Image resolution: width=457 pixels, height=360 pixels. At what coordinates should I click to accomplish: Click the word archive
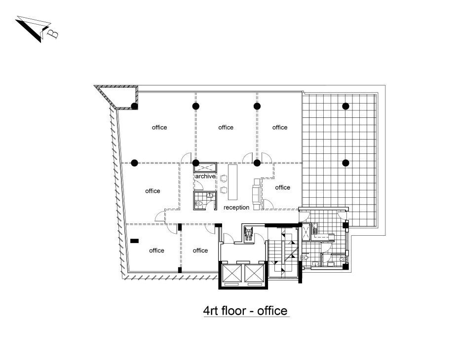click(205, 176)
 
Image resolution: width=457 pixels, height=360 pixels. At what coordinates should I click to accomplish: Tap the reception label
click(236, 208)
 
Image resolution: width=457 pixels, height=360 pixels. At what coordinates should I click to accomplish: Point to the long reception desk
click(232, 182)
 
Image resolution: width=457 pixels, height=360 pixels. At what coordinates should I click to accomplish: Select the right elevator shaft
click(254, 273)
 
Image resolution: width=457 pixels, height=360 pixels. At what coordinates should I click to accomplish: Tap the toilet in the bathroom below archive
click(199, 204)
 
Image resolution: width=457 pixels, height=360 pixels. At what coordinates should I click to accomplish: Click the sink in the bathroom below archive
click(210, 195)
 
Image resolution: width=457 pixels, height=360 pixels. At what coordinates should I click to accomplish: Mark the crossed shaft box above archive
click(205, 168)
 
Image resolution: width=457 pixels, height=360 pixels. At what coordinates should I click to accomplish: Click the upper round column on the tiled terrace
click(345, 107)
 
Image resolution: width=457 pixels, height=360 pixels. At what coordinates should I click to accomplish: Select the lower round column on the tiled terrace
click(345, 163)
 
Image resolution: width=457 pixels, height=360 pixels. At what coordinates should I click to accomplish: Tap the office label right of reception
click(282, 187)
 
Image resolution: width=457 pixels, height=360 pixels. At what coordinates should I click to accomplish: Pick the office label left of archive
click(152, 191)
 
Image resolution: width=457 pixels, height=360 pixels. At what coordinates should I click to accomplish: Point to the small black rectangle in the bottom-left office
click(134, 241)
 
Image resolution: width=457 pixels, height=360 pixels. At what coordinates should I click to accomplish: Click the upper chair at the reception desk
click(224, 178)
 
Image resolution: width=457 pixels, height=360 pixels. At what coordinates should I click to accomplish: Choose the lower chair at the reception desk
click(224, 190)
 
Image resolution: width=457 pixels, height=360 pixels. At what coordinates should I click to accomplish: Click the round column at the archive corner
click(196, 163)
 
